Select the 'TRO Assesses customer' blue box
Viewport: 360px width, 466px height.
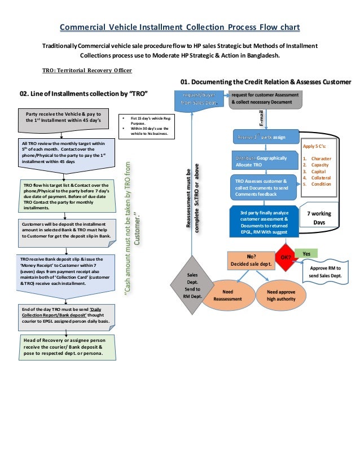(263, 187)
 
